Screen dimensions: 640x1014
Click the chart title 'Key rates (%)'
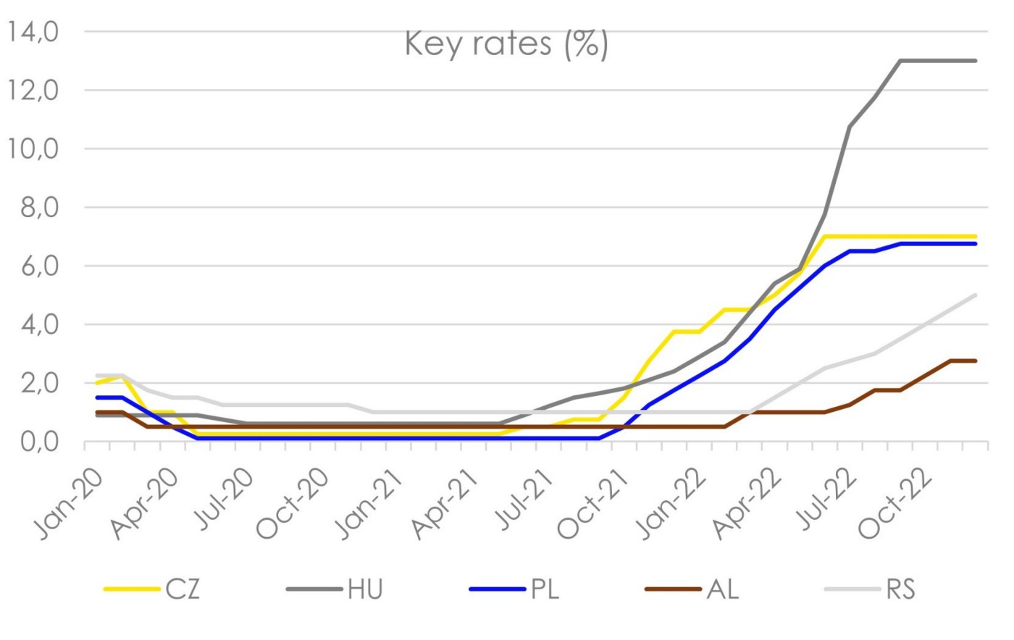(x=506, y=44)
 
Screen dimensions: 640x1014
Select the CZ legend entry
(x=182, y=589)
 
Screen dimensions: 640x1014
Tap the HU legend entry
(x=364, y=589)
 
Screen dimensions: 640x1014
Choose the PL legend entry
(x=545, y=589)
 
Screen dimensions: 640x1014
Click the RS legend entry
(x=900, y=589)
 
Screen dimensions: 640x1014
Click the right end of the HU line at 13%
(x=976, y=61)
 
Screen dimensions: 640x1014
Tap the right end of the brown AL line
(x=976, y=361)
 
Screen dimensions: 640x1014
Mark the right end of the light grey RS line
(x=976, y=295)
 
